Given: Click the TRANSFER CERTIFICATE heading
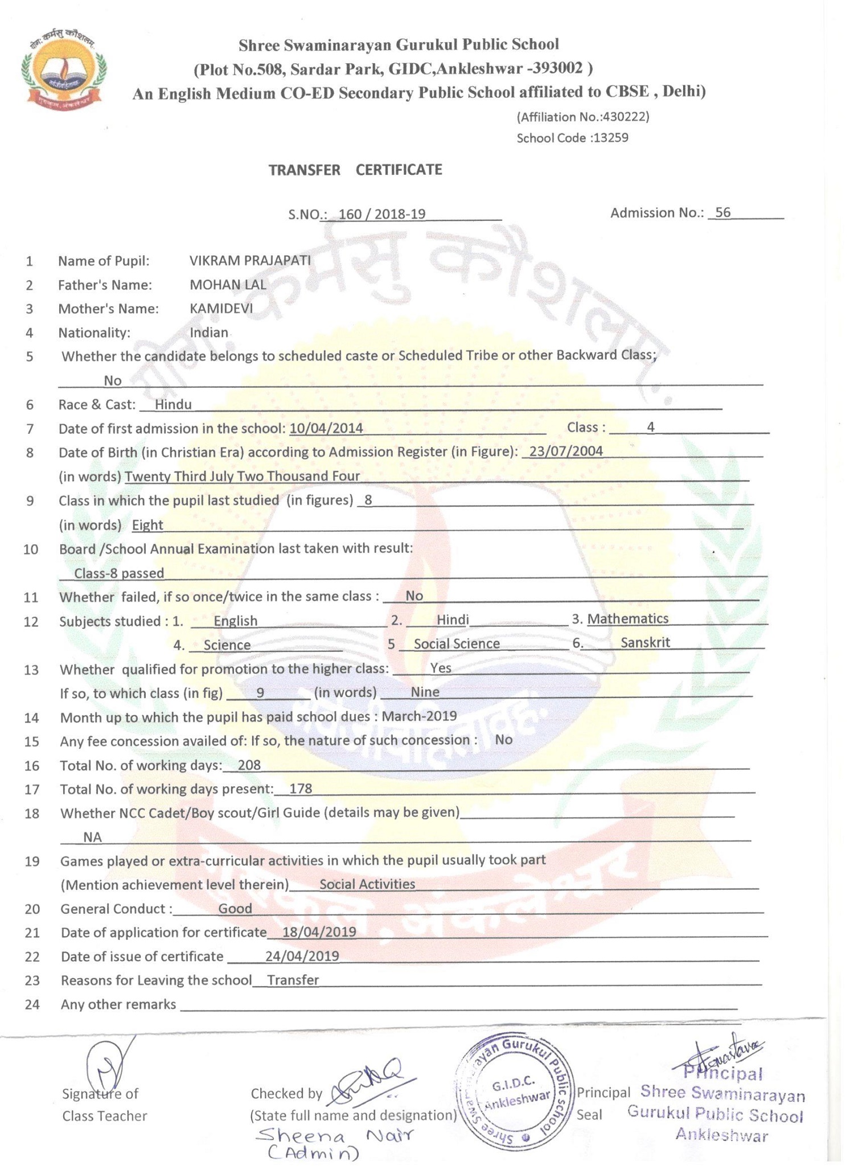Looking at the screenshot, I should coord(355,170).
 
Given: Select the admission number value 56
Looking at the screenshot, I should coord(722,213).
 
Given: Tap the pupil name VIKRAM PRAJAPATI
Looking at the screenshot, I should coord(250,261).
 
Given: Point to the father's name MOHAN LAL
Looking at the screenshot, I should coord(228,285).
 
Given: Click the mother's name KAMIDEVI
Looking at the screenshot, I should coord(221,309).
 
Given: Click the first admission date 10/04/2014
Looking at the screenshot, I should coord(326,428).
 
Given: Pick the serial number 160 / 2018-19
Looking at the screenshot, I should coord(381,215).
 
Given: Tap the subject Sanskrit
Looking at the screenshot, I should coord(645,643).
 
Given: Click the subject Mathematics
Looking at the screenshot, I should coord(628,619).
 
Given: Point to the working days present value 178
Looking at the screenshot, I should coord(301,789).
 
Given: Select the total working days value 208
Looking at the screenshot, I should coord(249,765).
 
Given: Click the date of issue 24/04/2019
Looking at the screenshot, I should coord(302,957).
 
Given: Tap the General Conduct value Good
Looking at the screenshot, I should coord(235,909).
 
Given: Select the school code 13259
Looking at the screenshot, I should coord(611,138).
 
